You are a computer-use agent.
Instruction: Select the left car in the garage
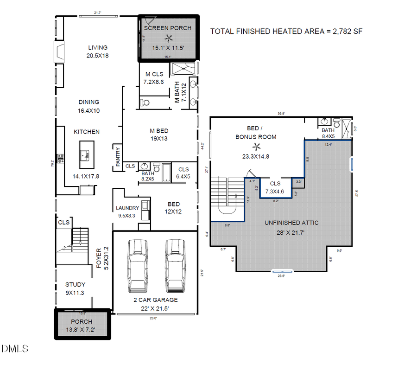(137, 265)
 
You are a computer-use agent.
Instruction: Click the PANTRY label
(118, 157)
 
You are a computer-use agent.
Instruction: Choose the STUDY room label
(75, 284)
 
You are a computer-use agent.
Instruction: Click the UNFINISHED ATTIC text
(291, 223)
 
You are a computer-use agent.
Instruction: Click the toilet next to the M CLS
(145, 102)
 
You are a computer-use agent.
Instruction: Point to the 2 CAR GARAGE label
(156, 300)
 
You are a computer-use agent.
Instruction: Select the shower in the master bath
(183, 69)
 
